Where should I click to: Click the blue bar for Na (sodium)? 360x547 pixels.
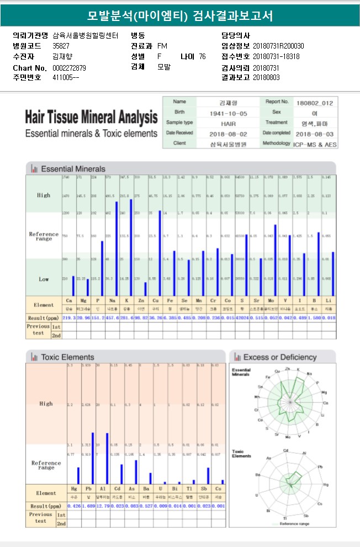pyautogui.click(x=117, y=248)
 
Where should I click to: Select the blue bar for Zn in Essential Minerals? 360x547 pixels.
pyautogui.click(x=145, y=289)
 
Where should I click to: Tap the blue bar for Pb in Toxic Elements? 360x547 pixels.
pyautogui.click(x=92, y=458)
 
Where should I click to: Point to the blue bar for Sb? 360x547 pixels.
pyautogui.click(x=208, y=476)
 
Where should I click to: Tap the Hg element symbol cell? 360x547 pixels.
pyautogui.click(x=74, y=489)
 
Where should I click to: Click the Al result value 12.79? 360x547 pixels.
pyautogui.click(x=103, y=506)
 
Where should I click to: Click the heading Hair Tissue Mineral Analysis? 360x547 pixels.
pyautogui.click(x=91, y=118)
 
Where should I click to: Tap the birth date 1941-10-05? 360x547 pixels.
pyautogui.click(x=228, y=113)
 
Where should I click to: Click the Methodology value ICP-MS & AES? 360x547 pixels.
pyautogui.click(x=316, y=144)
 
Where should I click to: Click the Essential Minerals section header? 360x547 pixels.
pyautogui.click(x=73, y=168)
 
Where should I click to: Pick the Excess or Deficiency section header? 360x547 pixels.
pyautogui.click(x=282, y=357)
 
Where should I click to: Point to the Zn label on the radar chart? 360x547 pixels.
pyautogui.click(x=287, y=368)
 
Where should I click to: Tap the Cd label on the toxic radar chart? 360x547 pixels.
pyautogui.click(x=285, y=450)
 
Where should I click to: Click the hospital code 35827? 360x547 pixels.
pyautogui.click(x=61, y=45)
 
